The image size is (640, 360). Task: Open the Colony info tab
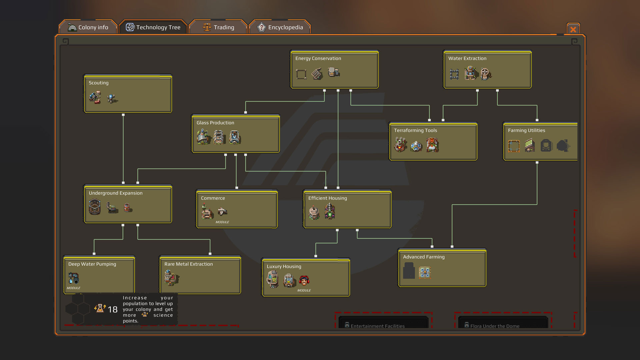[x=88, y=27]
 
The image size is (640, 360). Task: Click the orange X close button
[x=573, y=29]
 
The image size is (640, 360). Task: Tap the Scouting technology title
[x=99, y=83]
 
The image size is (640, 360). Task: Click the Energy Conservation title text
[x=318, y=58]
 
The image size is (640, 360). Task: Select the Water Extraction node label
[x=467, y=58]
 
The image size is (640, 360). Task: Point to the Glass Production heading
[x=215, y=123]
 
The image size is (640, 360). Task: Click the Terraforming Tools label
[x=415, y=130]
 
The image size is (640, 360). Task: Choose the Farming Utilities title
[x=526, y=130]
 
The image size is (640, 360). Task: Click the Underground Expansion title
[x=115, y=193]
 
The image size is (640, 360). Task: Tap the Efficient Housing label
[x=327, y=198]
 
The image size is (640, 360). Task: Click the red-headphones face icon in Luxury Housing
[x=304, y=281]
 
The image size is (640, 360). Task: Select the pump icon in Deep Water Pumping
[x=73, y=278]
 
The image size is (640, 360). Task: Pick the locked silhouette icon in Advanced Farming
[x=409, y=271]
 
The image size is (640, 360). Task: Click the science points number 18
[x=113, y=309]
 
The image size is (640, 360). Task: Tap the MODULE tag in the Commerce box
[x=222, y=222]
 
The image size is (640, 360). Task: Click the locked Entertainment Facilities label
[x=377, y=326]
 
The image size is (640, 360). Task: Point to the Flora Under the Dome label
[x=495, y=326]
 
